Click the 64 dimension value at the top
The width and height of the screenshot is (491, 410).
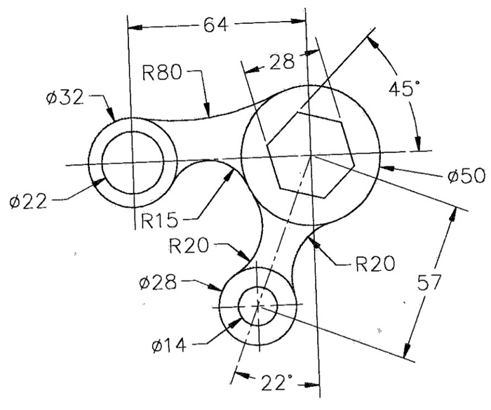click(x=216, y=26)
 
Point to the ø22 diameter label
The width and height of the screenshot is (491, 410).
click(x=29, y=202)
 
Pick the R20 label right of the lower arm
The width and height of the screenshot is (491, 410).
click(x=374, y=264)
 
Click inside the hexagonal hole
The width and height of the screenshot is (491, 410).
click(x=309, y=154)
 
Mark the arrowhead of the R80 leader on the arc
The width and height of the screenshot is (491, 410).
click(x=208, y=112)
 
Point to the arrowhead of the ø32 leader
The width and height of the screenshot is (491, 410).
click(x=112, y=119)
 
